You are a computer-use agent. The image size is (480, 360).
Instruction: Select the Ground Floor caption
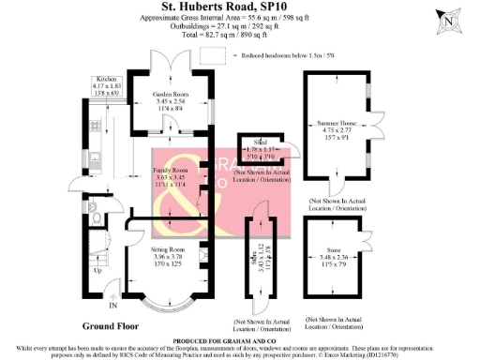click(x=110, y=327)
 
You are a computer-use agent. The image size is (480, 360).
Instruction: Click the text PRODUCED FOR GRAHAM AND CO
click(x=240, y=338)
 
